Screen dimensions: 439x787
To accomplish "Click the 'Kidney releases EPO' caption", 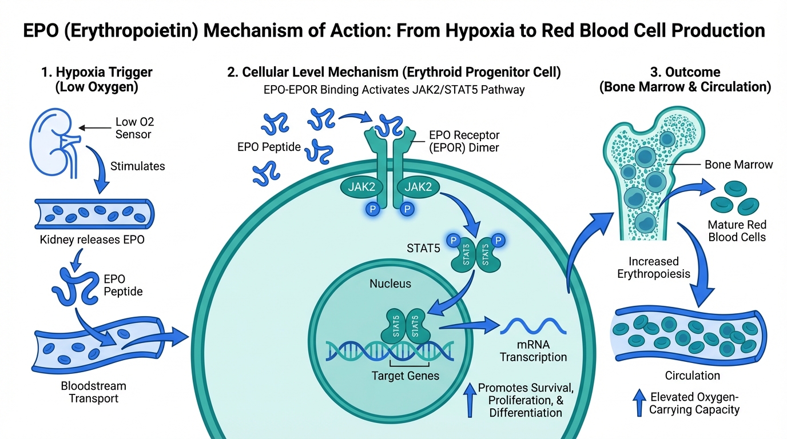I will click(92, 240).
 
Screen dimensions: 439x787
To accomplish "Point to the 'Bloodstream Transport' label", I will click(93, 392).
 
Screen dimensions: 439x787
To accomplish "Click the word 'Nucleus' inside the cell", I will click(390, 284).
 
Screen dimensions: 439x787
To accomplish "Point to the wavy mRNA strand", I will click(533, 326).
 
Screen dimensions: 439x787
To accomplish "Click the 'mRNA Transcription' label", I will click(533, 350).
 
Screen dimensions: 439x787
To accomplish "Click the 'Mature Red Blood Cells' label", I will click(737, 231).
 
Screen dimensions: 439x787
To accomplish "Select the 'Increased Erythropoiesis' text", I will click(654, 268).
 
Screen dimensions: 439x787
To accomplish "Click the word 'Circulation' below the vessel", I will click(692, 376).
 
